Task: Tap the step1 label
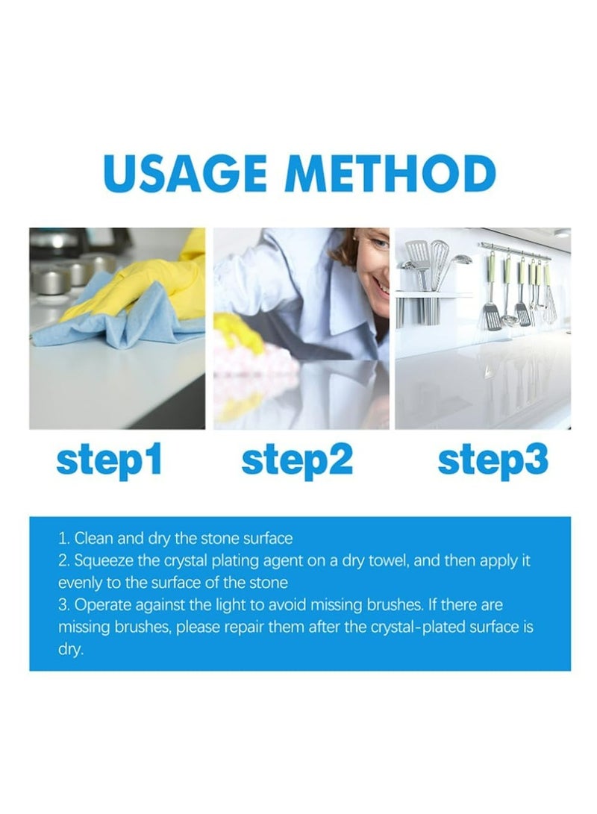click(109, 461)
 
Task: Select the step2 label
click(297, 461)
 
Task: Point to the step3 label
click(493, 461)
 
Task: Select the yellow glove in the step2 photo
click(237, 332)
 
